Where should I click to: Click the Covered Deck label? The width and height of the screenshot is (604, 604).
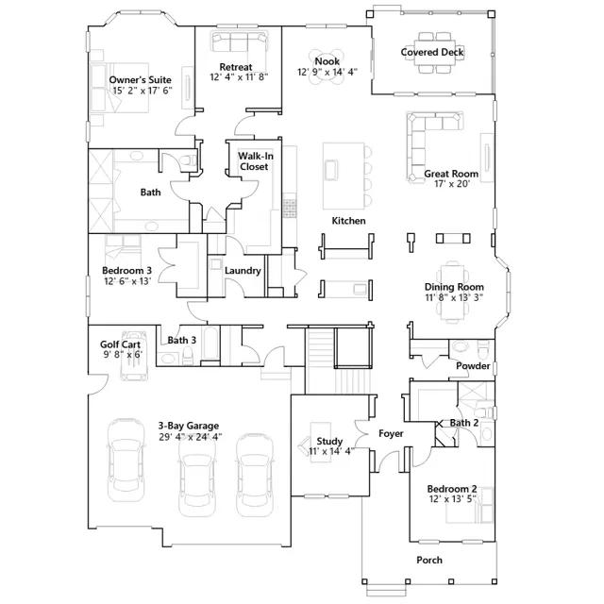(432, 52)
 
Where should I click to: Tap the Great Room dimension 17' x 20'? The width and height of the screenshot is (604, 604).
(451, 184)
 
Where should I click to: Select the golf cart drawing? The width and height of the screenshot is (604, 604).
(133, 355)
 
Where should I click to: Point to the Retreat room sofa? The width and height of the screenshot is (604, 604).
(239, 42)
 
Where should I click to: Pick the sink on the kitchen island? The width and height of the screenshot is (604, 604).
(331, 170)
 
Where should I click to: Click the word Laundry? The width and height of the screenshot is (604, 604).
(243, 271)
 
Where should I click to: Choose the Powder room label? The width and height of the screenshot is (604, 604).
(473, 365)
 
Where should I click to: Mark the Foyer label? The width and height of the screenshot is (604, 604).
(391, 434)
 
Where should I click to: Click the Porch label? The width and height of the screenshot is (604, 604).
(429, 560)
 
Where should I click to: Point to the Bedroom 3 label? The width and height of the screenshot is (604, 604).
(126, 271)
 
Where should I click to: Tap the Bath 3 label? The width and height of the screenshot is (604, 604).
(182, 340)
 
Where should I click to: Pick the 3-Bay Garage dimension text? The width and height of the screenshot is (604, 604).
(191, 437)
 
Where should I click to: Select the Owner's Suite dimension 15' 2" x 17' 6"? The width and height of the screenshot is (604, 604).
(143, 91)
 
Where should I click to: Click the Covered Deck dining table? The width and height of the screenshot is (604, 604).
(435, 53)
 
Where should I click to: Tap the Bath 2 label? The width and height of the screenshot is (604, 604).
(464, 423)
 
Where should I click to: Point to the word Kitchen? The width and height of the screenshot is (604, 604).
(348, 221)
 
